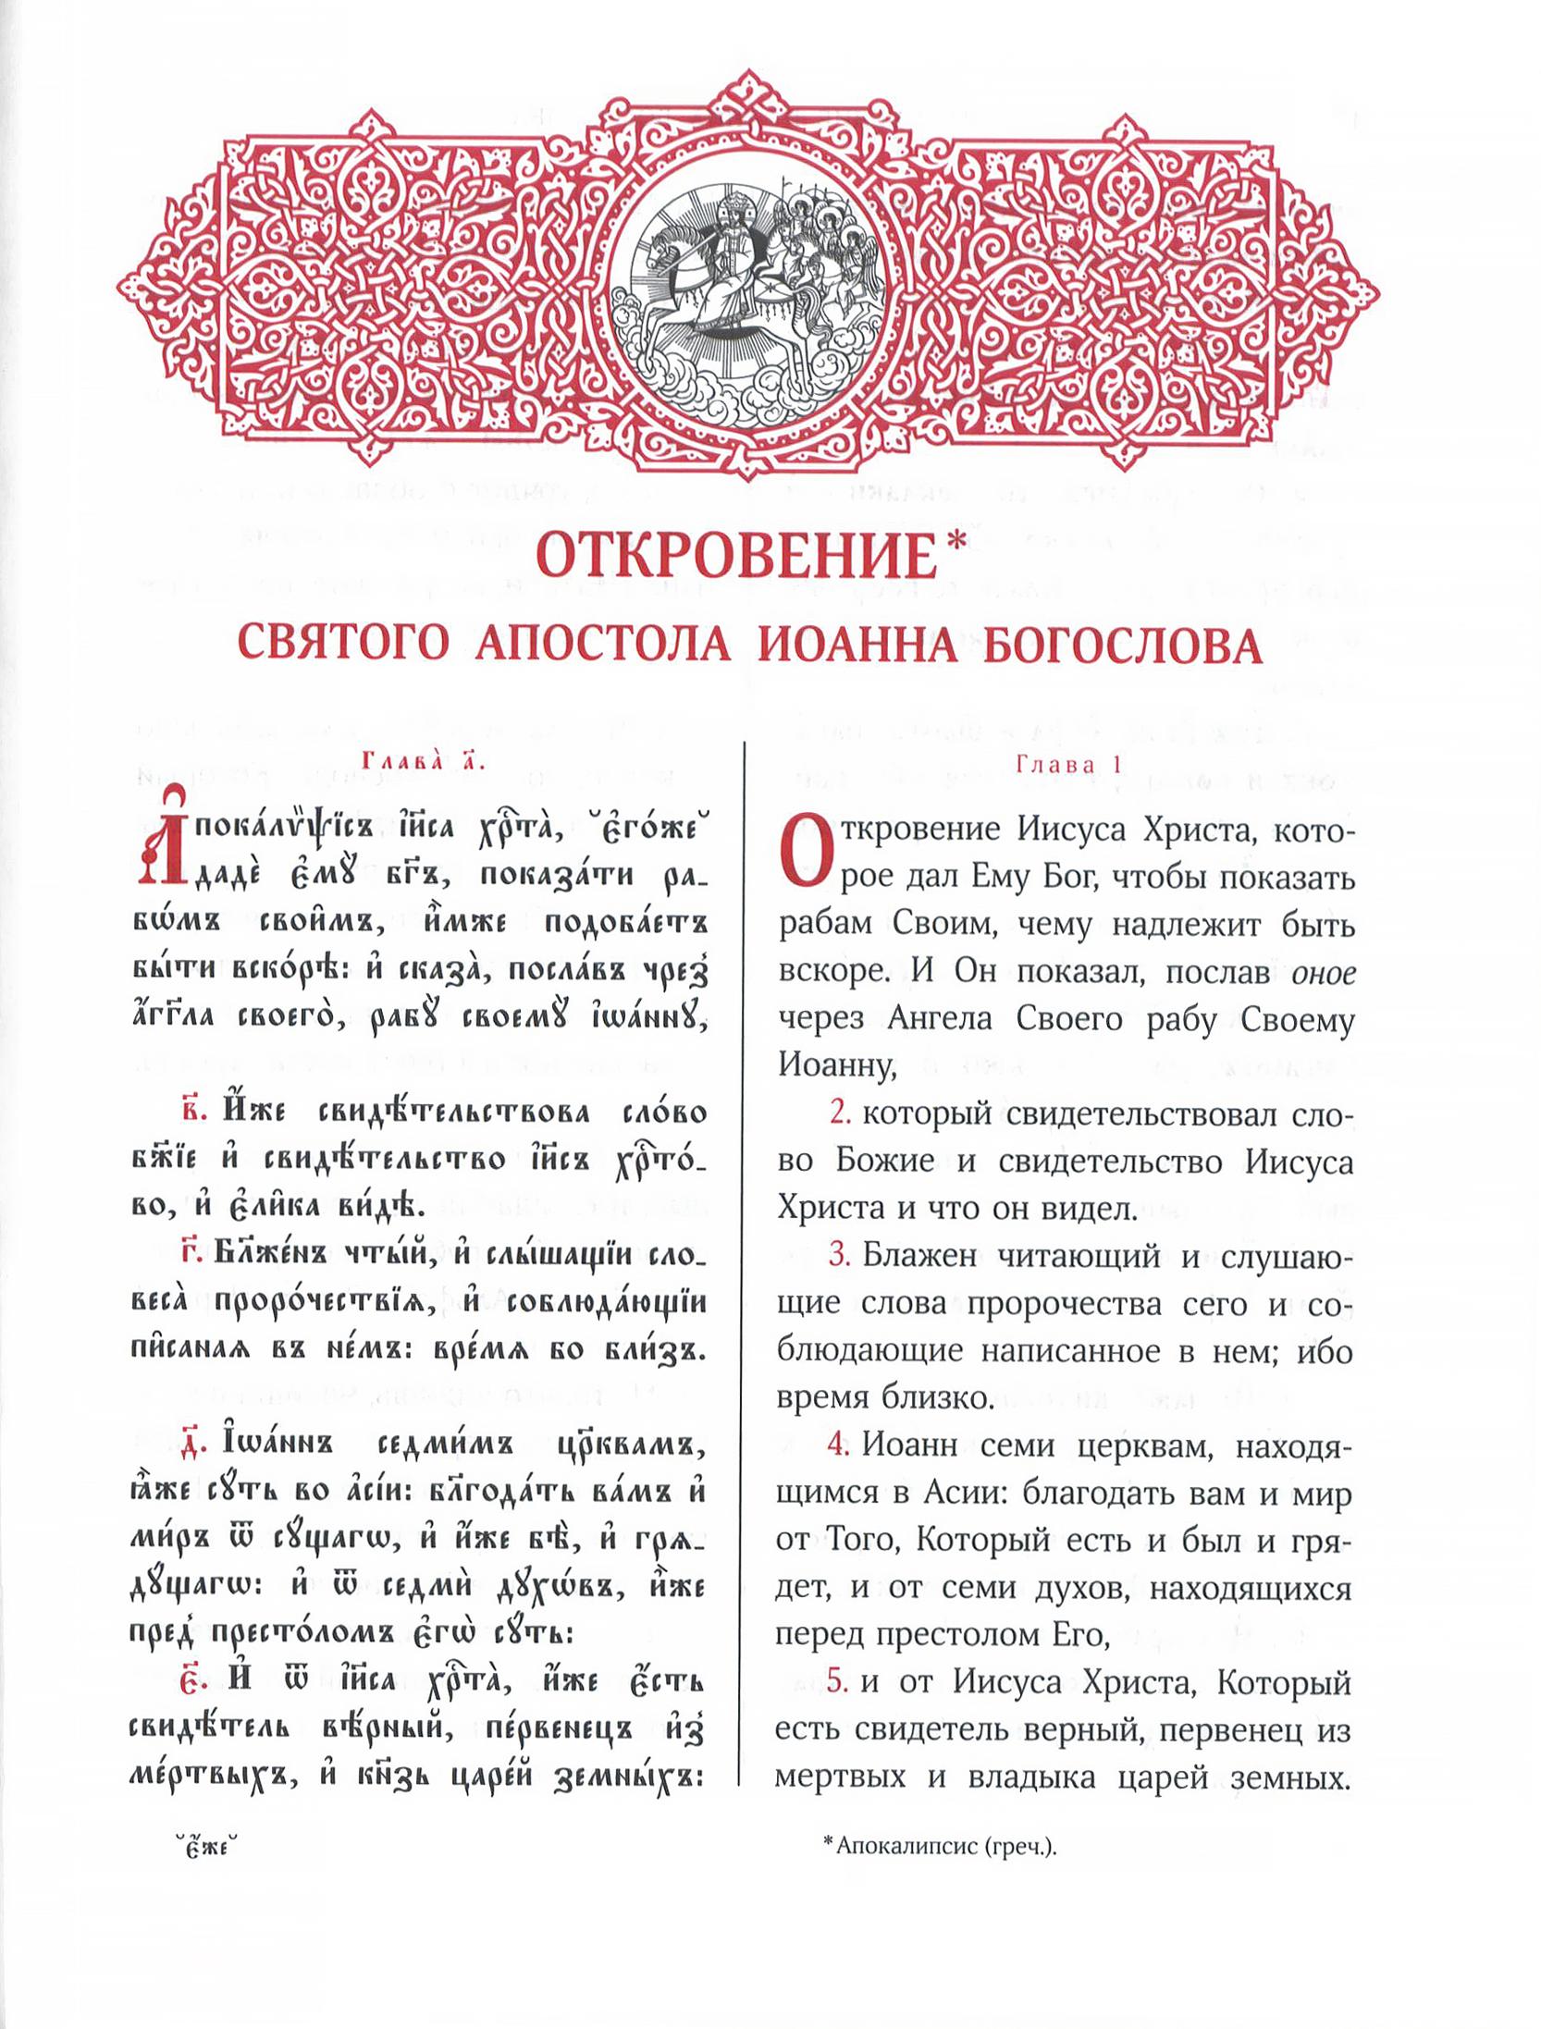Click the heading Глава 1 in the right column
tap(1068, 765)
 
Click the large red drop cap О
tap(802, 851)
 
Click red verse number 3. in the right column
tap(840, 1255)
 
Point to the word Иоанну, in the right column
tap(837, 1065)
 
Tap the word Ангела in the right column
tap(939, 1019)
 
